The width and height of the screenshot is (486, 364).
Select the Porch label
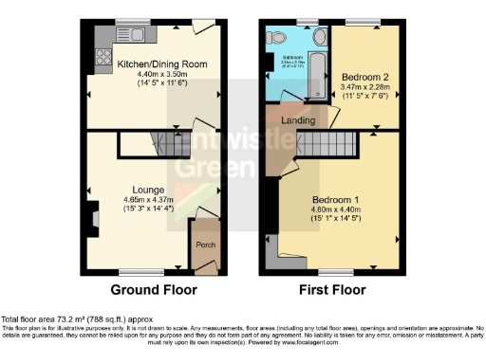tap(204, 244)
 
